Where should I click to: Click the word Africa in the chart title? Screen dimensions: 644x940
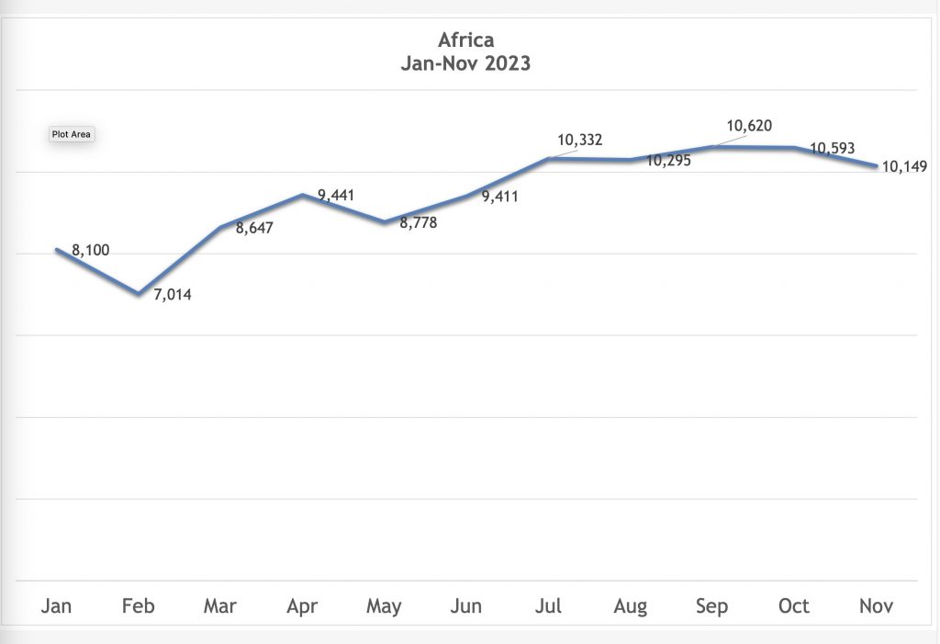click(465, 40)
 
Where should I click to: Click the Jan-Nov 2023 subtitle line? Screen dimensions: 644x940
click(465, 64)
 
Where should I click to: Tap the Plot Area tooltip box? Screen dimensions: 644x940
click(72, 134)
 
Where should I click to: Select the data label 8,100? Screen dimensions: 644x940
click(90, 250)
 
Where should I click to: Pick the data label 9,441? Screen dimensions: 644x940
click(336, 195)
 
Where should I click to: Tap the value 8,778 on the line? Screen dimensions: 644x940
click(418, 222)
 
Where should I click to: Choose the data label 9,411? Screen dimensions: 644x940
click(499, 196)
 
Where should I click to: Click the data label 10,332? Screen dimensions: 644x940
click(580, 141)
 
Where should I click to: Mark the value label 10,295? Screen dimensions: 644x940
click(668, 161)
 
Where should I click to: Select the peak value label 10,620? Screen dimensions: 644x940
click(748, 126)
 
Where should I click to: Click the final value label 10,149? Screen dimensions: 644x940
click(903, 166)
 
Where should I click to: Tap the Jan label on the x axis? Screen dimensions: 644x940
click(57, 606)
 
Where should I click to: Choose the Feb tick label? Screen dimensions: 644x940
click(139, 606)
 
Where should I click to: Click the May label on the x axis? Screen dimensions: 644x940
click(384, 606)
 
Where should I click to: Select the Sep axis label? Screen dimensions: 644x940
click(711, 606)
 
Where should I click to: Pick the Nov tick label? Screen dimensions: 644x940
click(875, 606)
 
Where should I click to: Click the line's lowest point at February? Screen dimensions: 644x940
click(139, 293)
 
